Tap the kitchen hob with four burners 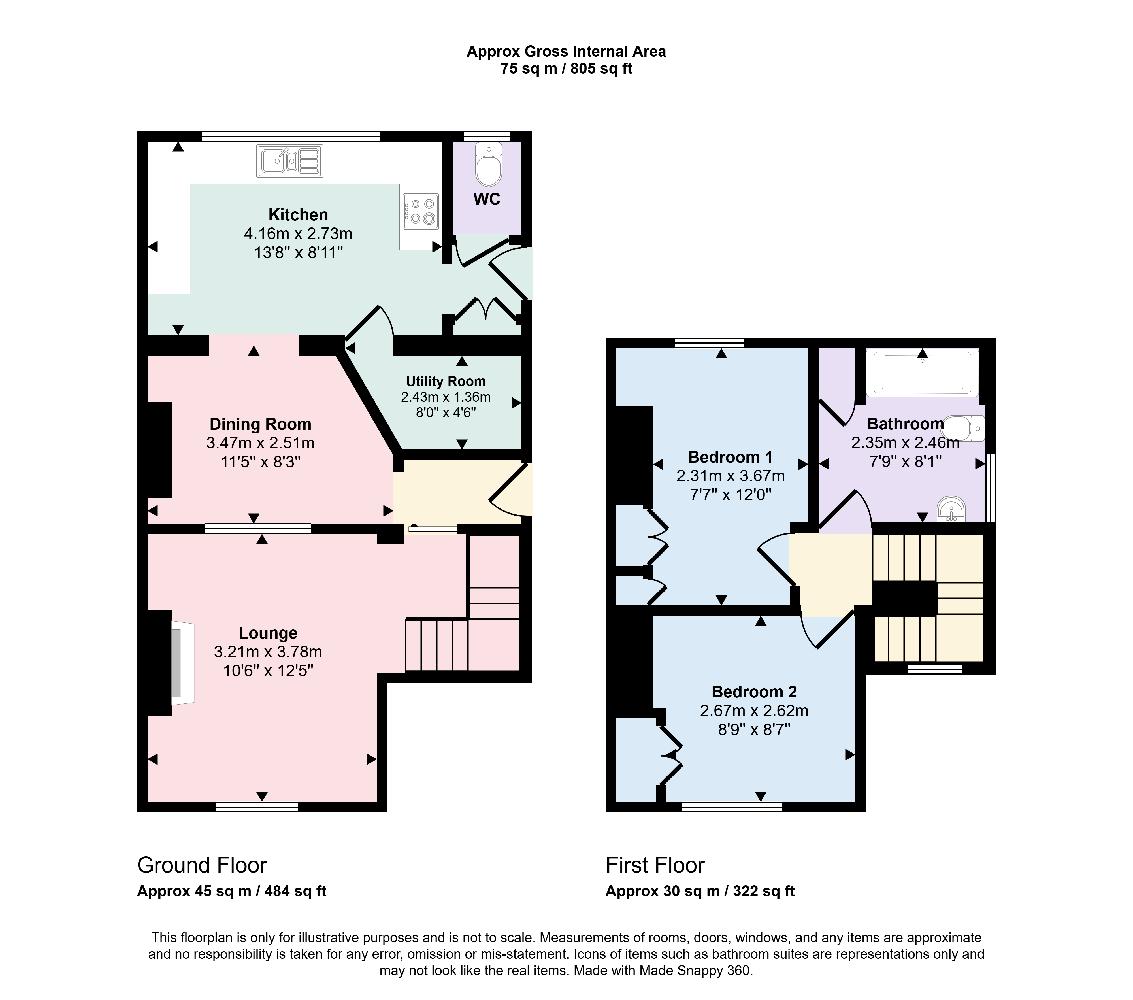pos(421,211)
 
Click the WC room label pos(487,199)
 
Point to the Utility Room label pos(446,381)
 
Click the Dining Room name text pos(261,424)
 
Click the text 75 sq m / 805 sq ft pos(566,69)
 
